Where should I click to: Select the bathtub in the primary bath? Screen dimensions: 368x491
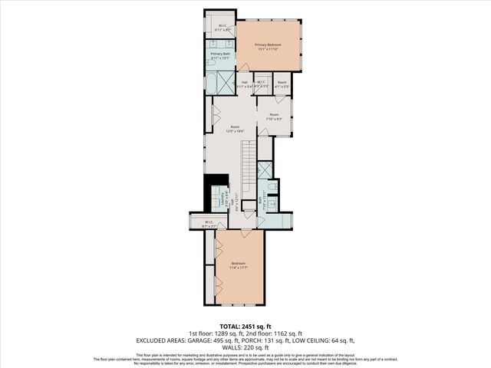coord(212,82)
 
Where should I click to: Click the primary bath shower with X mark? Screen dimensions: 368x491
coord(226,82)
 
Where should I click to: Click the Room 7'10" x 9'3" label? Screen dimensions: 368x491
coord(274,117)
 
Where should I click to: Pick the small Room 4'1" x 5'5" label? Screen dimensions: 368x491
coord(282,84)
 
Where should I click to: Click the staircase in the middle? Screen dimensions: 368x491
coord(249,172)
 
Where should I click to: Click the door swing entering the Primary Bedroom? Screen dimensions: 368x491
coord(244,68)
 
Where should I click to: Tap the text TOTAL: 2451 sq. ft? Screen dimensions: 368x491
coord(245,327)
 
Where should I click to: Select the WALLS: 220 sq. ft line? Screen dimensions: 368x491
coord(245,346)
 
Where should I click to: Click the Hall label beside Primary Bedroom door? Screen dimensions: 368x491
coord(245,84)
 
